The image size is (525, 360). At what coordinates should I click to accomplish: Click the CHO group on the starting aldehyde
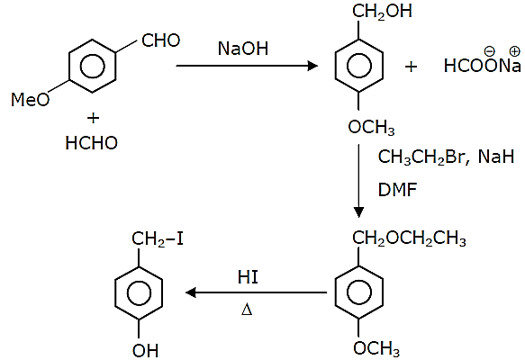[160, 40]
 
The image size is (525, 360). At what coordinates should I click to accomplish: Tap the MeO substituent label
[30, 99]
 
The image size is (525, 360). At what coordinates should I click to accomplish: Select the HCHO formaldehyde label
[92, 143]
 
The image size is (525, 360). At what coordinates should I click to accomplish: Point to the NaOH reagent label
[243, 49]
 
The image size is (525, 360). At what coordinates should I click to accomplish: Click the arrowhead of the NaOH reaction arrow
[312, 66]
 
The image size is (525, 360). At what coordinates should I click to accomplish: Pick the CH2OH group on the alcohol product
[382, 12]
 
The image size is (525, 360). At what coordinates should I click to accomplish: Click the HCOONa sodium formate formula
[482, 66]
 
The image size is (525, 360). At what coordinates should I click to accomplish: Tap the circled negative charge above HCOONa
[489, 51]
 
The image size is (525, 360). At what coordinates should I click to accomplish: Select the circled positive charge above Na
[514, 51]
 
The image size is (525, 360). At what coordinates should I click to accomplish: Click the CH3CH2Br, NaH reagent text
[446, 157]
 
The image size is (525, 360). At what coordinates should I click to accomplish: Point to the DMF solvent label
[397, 190]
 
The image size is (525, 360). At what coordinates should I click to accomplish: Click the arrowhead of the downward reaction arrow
[358, 212]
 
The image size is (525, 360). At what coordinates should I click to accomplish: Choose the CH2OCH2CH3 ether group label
[409, 238]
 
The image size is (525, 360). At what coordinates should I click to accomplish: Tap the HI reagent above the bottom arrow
[248, 277]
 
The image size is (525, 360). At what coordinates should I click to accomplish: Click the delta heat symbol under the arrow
[247, 310]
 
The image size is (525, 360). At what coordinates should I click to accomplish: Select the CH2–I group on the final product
[158, 239]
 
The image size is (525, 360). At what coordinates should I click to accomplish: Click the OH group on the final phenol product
[145, 350]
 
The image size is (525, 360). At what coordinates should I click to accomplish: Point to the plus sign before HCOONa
[412, 67]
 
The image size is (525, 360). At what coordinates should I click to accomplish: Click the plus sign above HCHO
[93, 118]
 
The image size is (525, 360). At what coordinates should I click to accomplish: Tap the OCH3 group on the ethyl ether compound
[376, 348]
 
